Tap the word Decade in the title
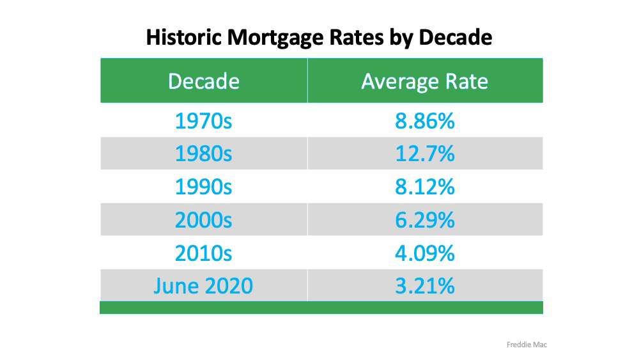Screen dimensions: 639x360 pos(455,37)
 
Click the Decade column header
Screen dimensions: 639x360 pos(204,81)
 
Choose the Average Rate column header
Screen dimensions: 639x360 pos(425,81)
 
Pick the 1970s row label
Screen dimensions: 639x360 pos(203,121)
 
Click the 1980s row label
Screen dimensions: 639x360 pos(203,153)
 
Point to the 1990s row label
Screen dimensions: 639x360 pos(203,187)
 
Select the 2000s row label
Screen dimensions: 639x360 pos(203,220)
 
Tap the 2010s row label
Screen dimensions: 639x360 pos(203,253)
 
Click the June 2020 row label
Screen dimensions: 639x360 pos(203,286)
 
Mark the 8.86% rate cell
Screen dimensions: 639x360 pos(425,121)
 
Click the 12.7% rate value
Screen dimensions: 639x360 pos(425,153)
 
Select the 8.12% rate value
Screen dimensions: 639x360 pos(425,187)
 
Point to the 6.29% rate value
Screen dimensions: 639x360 pos(425,220)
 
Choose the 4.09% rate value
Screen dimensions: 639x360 pos(425,253)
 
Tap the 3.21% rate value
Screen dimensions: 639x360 pos(425,286)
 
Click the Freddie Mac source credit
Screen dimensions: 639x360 pos(527,345)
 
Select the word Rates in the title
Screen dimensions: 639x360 pos(357,37)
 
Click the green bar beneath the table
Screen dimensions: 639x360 pos(321,308)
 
